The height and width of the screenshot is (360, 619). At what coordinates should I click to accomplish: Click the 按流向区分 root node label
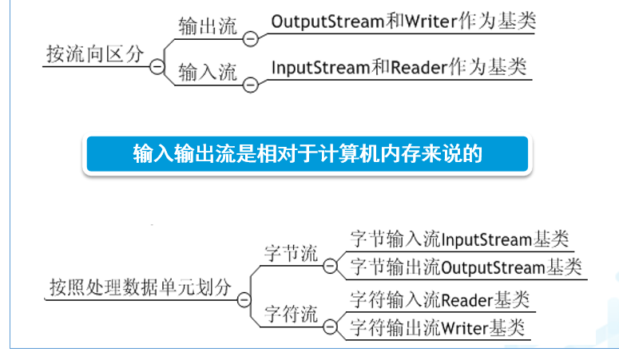pyautogui.click(x=95, y=54)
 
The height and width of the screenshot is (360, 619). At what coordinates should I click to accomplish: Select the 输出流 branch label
pyautogui.click(x=208, y=26)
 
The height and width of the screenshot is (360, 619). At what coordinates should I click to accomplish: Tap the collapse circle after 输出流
pyautogui.click(x=250, y=38)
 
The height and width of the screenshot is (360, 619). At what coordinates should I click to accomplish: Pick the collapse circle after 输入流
pyautogui.click(x=250, y=83)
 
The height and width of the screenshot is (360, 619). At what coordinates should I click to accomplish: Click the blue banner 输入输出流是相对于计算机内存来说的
pyautogui.click(x=307, y=153)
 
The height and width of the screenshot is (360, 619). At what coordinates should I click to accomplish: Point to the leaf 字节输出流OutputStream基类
pyautogui.click(x=466, y=267)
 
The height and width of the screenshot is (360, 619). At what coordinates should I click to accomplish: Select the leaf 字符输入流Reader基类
pyautogui.click(x=439, y=300)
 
